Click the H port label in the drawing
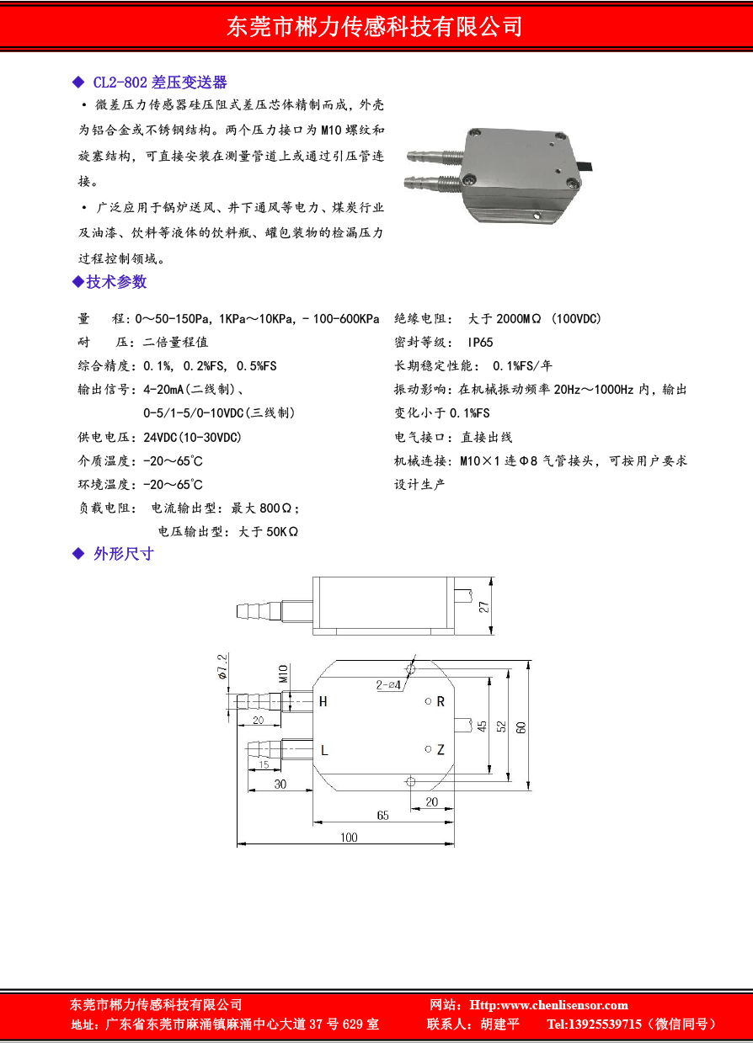pyautogui.click(x=323, y=701)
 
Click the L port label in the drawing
pyautogui.click(x=324, y=750)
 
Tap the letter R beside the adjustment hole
pyautogui.click(x=441, y=701)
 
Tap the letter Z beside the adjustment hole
pyautogui.click(x=441, y=749)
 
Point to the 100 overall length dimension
pyautogui.click(x=349, y=838)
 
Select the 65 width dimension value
pyautogui.click(x=382, y=815)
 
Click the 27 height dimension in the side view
pyautogui.click(x=483, y=607)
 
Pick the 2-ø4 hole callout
pyautogui.click(x=388, y=684)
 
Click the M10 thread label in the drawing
pyautogui.click(x=283, y=673)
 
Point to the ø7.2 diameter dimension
pyautogui.click(x=222, y=667)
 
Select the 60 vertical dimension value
pyautogui.click(x=521, y=726)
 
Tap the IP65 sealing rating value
pyautogui.click(x=480, y=343)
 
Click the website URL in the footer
pyautogui.click(x=548, y=1005)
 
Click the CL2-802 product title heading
pyautogui.click(x=160, y=82)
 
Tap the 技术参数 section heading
pyautogui.click(x=116, y=282)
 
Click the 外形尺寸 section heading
pyautogui.click(x=124, y=554)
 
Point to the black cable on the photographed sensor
pyautogui.click(x=585, y=167)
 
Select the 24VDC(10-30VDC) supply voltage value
pyautogui.click(x=192, y=437)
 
